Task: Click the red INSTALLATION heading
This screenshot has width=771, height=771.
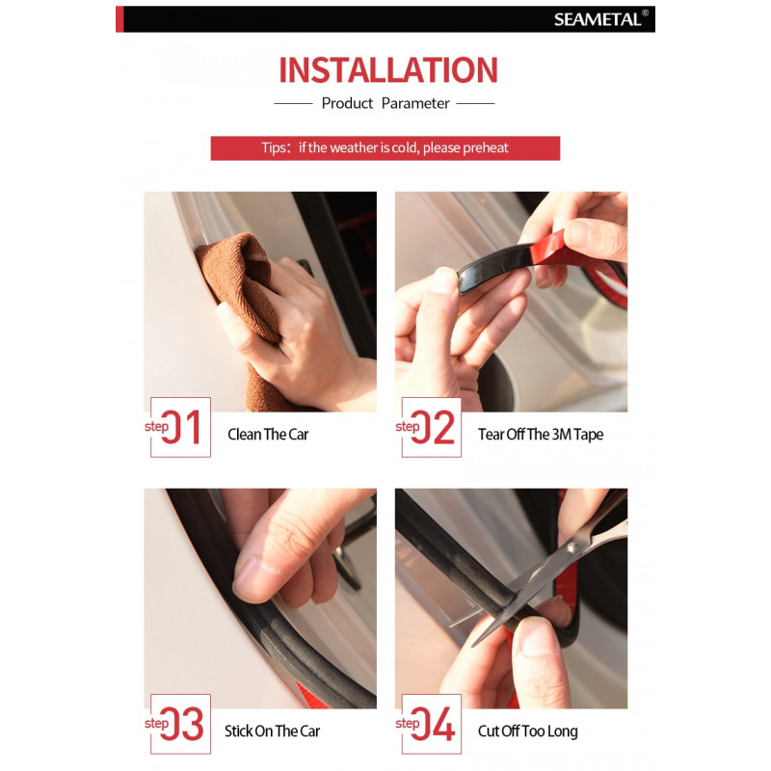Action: tap(388, 69)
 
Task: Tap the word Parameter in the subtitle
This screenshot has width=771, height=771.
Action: tap(415, 103)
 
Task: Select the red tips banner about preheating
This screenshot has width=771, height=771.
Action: tap(385, 148)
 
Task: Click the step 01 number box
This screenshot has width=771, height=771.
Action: tap(180, 427)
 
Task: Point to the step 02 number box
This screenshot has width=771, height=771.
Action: tap(431, 427)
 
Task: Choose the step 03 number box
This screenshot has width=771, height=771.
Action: tap(180, 724)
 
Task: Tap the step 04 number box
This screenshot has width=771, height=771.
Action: tap(431, 724)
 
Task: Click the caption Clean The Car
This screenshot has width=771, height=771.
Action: tap(268, 435)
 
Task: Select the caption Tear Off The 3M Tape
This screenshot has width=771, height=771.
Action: tap(541, 435)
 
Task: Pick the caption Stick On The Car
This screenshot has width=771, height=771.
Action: tap(272, 731)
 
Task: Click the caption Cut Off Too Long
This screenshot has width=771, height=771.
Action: tap(527, 731)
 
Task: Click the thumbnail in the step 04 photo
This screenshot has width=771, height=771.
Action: tap(535, 637)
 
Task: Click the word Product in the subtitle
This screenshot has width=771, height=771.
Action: tap(347, 103)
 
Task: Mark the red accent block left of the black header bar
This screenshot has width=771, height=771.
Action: tap(120, 19)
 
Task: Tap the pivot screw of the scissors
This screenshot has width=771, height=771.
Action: tap(572, 546)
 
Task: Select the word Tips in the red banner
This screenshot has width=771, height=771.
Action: tap(274, 148)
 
